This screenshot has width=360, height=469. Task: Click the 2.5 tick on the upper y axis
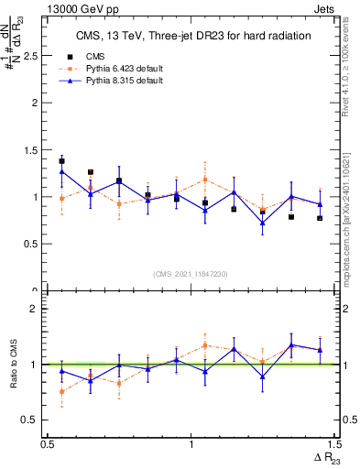click(x=33, y=56)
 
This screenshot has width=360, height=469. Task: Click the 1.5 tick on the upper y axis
click(x=33, y=150)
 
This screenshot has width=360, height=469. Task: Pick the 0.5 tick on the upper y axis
click(x=33, y=245)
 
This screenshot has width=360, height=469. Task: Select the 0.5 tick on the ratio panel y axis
click(x=33, y=420)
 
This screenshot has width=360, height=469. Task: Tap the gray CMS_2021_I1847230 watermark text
click(x=191, y=274)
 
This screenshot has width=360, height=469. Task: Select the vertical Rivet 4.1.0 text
click(x=348, y=69)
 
